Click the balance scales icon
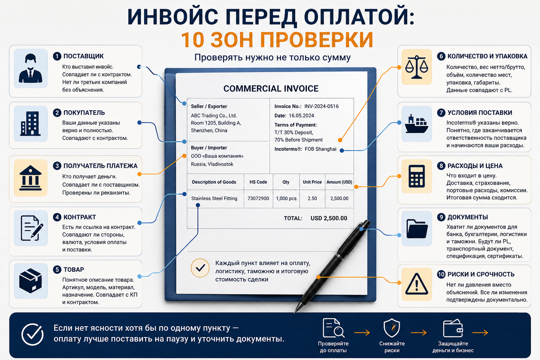tap(417, 67)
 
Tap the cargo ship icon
tap(416, 124)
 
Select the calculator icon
tap(417, 176)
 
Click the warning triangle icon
tap(417, 284)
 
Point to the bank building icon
tap(31, 178)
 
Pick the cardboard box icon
tap(31, 281)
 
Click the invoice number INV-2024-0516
tap(321, 106)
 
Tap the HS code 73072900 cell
tap(258, 198)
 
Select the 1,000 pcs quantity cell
tap(286, 198)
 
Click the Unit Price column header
tap(312, 182)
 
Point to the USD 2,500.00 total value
tap(329, 218)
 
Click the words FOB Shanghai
tap(320, 149)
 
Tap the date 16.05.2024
tap(301, 116)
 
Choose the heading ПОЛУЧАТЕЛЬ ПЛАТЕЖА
tap(100, 166)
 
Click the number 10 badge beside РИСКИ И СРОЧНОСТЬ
tap(441, 274)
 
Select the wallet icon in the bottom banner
tap(453, 328)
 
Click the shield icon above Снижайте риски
tap(392, 328)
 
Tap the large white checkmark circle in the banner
tap(32, 334)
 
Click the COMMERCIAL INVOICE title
tap(271, 89)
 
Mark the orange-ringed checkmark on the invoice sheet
tap(200, 268)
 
